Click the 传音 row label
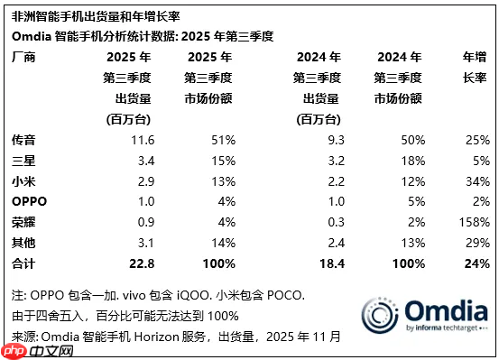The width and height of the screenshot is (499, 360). coord(23,141)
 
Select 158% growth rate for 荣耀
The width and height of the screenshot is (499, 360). coord(473,221)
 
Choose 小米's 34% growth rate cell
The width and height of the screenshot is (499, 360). coord(476,181)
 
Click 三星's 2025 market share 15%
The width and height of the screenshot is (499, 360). coord(223,161)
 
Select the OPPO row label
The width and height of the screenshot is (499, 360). coord(30,201)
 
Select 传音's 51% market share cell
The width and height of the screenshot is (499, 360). coord(223,141)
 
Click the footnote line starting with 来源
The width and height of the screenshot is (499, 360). coord(176,337)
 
